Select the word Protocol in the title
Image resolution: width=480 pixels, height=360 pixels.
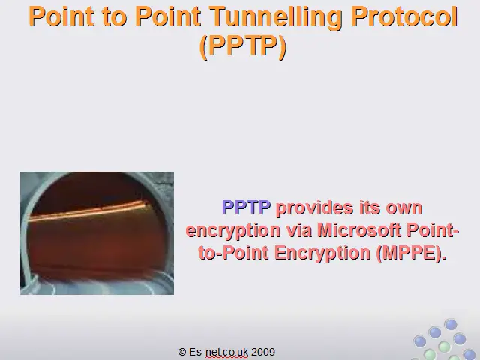click(x=404, y=16)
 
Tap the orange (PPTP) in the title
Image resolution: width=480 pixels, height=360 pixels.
click(x=243, y=46)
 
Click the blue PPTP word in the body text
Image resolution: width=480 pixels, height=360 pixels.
click(x=247, y=207)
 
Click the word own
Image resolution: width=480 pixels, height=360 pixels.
click(x=404, y=208)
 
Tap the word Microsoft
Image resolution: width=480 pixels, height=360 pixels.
click(x=359, y=230)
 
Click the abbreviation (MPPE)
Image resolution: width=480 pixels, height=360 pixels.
click(x=411, y=253)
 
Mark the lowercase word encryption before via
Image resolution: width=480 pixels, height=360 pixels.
click(x=233, y=231)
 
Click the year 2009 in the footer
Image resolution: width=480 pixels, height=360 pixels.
click(x=263, y=352)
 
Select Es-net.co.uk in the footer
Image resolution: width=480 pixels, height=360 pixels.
click(x=218, y=352)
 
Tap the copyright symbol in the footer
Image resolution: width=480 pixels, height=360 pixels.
click(x=182, y=352)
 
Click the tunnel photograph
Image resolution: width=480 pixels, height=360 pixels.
click(x=97, y=233)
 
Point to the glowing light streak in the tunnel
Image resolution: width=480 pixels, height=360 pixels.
click(x=88, y=211)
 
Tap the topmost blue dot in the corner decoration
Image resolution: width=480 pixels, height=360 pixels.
click(x=450, y=324)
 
